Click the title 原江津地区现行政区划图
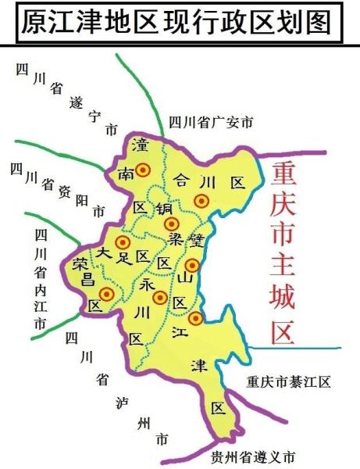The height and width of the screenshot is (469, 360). [180, 22]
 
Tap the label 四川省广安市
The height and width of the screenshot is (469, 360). [211, 122]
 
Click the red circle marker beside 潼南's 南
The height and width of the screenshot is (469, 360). [143, 170]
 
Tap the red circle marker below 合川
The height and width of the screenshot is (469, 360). [201, 201]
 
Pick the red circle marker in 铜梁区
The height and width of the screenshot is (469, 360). [171, 224]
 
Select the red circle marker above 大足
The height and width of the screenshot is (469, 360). [123, 243]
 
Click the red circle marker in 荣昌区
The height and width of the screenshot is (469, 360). [107, 294]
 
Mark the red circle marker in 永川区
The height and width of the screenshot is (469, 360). [160, 297]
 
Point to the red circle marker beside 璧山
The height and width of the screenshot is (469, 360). [192, 265]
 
